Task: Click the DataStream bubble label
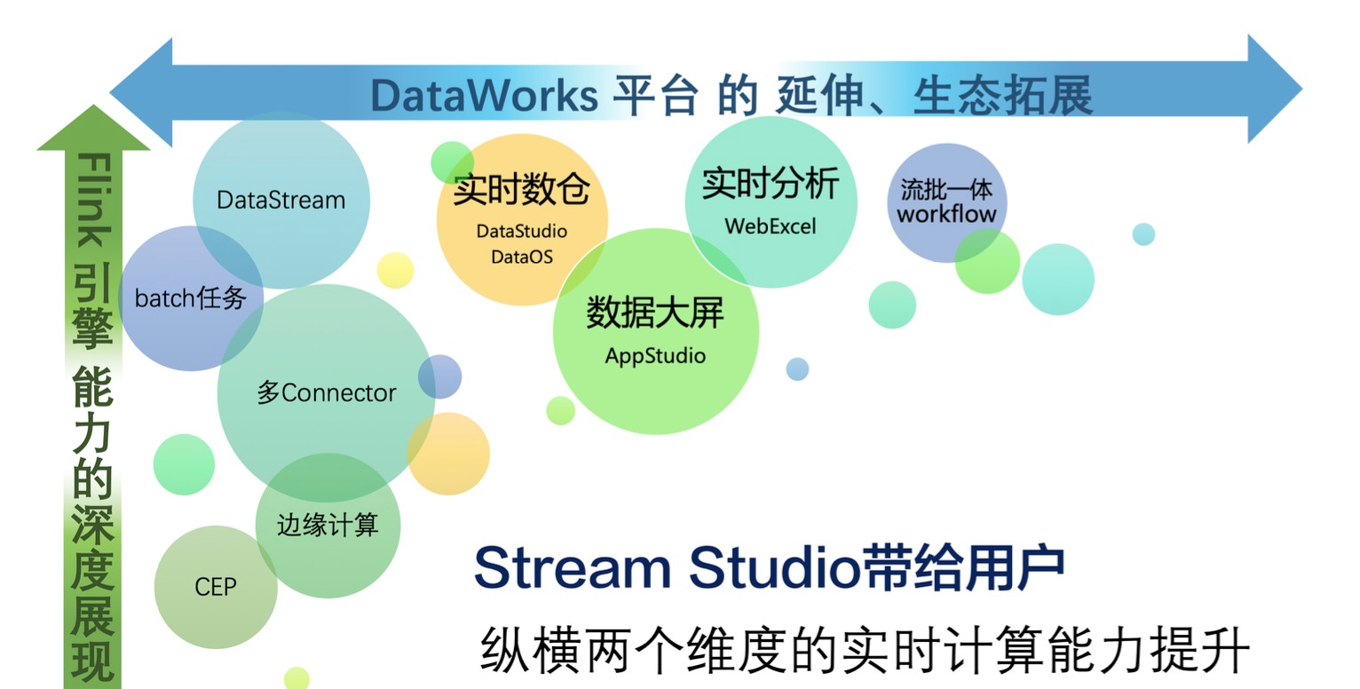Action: pyautogui.click(x=281, y=201)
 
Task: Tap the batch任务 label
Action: pyautogui.click(x=190, y=298)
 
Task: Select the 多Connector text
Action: pyautogui.click(x=327, y=392)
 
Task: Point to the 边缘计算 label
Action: pyautogui.click(x=328, y=525)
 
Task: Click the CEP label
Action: pyautogui.click(x=216, y=587)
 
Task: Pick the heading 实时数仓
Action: pyautogui.click(x=521, y=189)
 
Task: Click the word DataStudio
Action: pyautogui.click(x=521, y=231)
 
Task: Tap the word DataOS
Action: pyautogui.click(x=522, y=257)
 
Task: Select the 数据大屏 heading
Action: pyautogui.click(x=655, y=313)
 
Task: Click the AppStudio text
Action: pyautogui.click(x=655, y=356)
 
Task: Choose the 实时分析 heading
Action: pyautogui.click(x=771, y=183)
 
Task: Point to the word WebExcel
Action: pyautogui.click(x=771, y=226)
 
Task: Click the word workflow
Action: pyautogui.click(x=946, y=214)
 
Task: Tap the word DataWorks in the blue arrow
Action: pyautogui.click(x=484, y=96)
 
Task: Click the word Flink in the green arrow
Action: pyautogui.click(x=94, y=200)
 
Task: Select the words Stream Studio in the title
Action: pyautogui.click(x=668, y=567)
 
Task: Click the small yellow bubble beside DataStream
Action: pyautogui.click(x=395, y=270)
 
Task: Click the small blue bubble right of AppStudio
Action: pyautogui.click(x=797, y=369)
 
